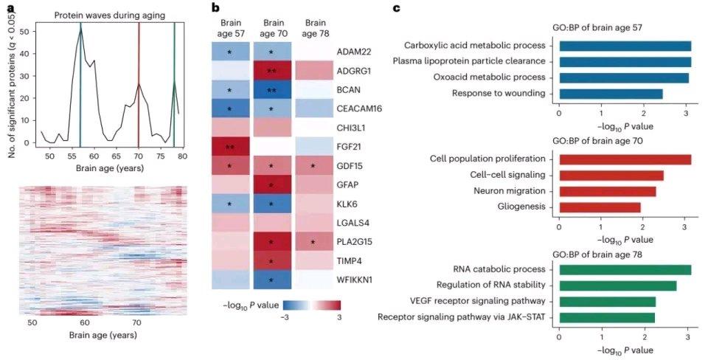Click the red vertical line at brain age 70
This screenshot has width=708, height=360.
(x=139, y=81)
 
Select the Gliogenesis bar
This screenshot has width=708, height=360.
(x=600, y=207)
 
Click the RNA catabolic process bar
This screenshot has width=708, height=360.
(x=625, y=270)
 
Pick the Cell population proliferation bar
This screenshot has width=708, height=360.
(x=625, y=159)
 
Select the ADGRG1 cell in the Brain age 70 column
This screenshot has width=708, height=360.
(x=272, y=70)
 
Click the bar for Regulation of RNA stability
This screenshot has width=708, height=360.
(x=618, y=285)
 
